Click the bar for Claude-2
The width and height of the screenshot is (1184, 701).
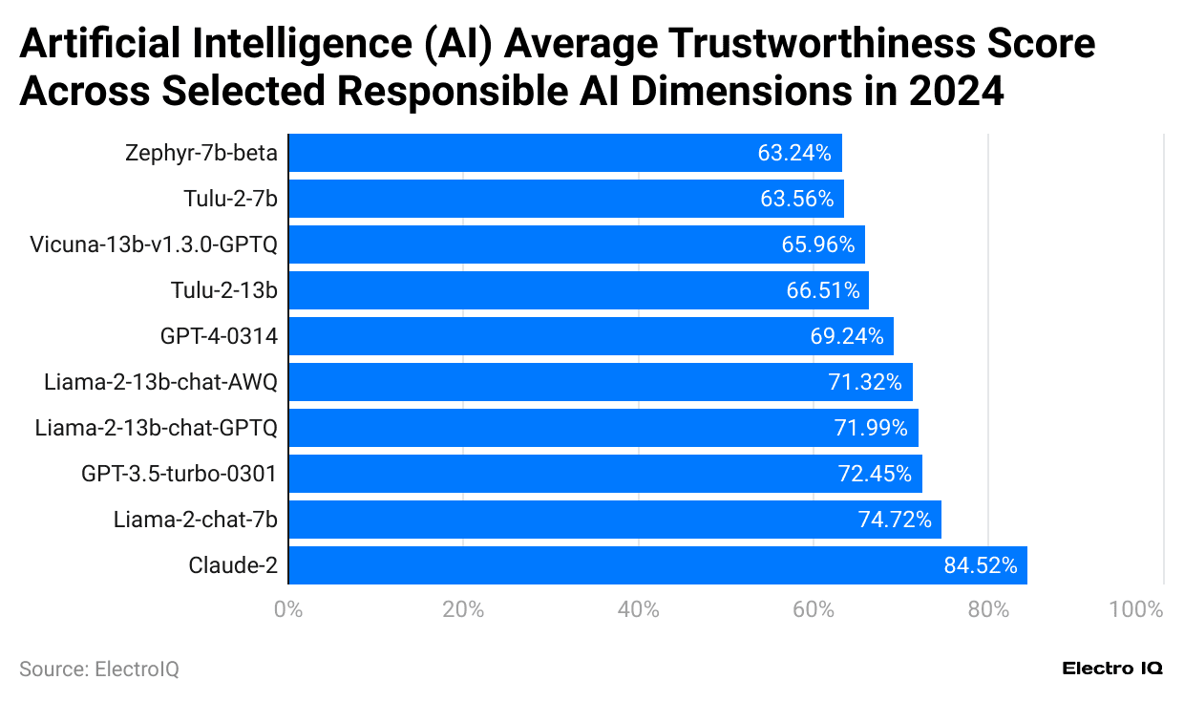coord(657,565)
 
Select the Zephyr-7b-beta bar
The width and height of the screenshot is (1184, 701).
coord(564,153)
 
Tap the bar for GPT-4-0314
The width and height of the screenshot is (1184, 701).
coord(590,336)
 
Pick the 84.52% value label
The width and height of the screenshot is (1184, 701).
coord(980,565)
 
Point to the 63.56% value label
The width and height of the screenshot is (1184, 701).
coord(796,199)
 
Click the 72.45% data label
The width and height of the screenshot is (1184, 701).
coord(875,474)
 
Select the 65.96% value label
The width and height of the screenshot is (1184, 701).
coord(817,244)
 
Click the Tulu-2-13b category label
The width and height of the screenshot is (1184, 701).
coord(223,290)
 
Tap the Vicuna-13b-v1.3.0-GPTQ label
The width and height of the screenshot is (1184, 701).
coord(154,244)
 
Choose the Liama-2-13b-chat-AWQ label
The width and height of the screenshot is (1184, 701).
coord(160,382)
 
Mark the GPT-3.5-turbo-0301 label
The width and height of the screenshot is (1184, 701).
coord(179,474)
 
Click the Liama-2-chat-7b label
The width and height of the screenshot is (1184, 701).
coord(195,520)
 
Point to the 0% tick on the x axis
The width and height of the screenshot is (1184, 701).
coord(287,609)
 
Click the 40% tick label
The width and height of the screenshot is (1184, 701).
coord(638,609)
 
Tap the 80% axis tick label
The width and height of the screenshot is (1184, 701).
coord(988,609)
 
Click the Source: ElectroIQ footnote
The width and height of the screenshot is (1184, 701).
coord(98,669)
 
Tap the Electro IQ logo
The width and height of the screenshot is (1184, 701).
coord(1112,669)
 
